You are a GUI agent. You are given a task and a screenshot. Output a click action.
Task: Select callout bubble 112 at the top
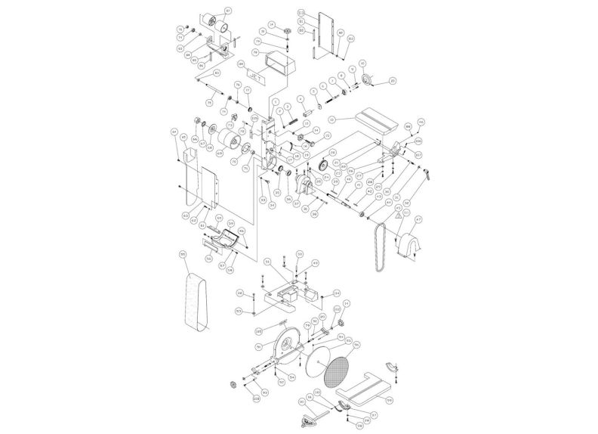coord(301,13)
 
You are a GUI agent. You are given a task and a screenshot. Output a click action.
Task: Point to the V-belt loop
coord(381,243)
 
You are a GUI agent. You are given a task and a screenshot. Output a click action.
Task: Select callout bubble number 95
coord(183,255)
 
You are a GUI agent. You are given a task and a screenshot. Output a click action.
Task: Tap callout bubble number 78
coord(256,53)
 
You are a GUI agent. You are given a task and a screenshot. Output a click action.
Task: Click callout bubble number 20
coord(393,80)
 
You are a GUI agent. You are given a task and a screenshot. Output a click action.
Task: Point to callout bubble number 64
coord(174,132)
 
